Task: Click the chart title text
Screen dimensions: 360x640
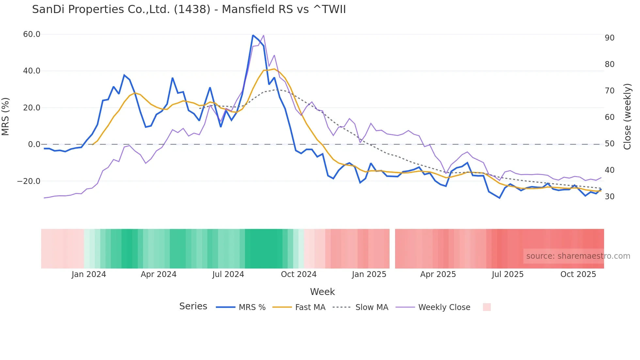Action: coord(189,9)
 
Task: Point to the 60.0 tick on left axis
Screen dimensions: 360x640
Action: coord(32,34)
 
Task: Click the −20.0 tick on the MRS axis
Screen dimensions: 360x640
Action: coord(29,181)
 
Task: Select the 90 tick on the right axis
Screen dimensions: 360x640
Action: coord(609,38)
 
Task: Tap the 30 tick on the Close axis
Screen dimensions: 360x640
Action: coord(609,197)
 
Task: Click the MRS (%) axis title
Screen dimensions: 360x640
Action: coord(6,117)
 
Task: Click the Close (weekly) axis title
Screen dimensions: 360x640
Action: coord(627,117)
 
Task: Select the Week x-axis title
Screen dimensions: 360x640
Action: coord(322,292)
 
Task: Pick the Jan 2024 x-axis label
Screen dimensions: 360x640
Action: coord(89,274)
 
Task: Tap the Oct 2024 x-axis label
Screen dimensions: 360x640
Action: coord(298,274)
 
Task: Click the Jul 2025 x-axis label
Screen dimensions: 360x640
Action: coord(507,274)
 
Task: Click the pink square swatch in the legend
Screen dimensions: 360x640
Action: coord(487,307)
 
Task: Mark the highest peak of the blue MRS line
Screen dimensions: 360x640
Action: coord(253,35)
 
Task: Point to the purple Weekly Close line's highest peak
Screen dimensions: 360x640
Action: coord(264,35)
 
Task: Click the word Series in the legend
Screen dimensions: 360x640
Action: coord(193,306)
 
